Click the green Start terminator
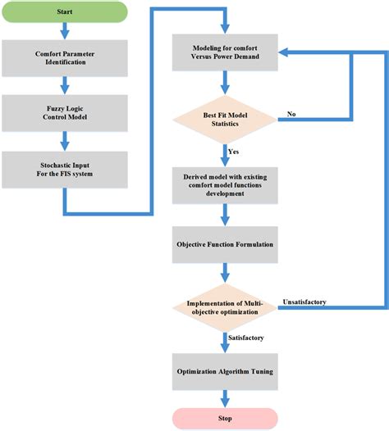click(x=63, y=13)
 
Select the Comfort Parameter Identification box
click(x=63, y=58)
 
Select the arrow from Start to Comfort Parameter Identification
click(x=63, y=31)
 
